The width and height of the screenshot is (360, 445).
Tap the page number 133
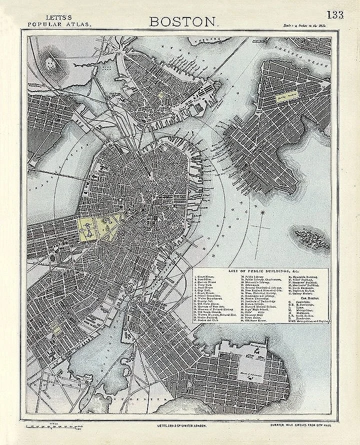point(335,14)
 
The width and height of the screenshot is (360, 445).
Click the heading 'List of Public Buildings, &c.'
point(259,270)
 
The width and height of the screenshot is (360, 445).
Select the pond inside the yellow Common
point(87,228)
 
